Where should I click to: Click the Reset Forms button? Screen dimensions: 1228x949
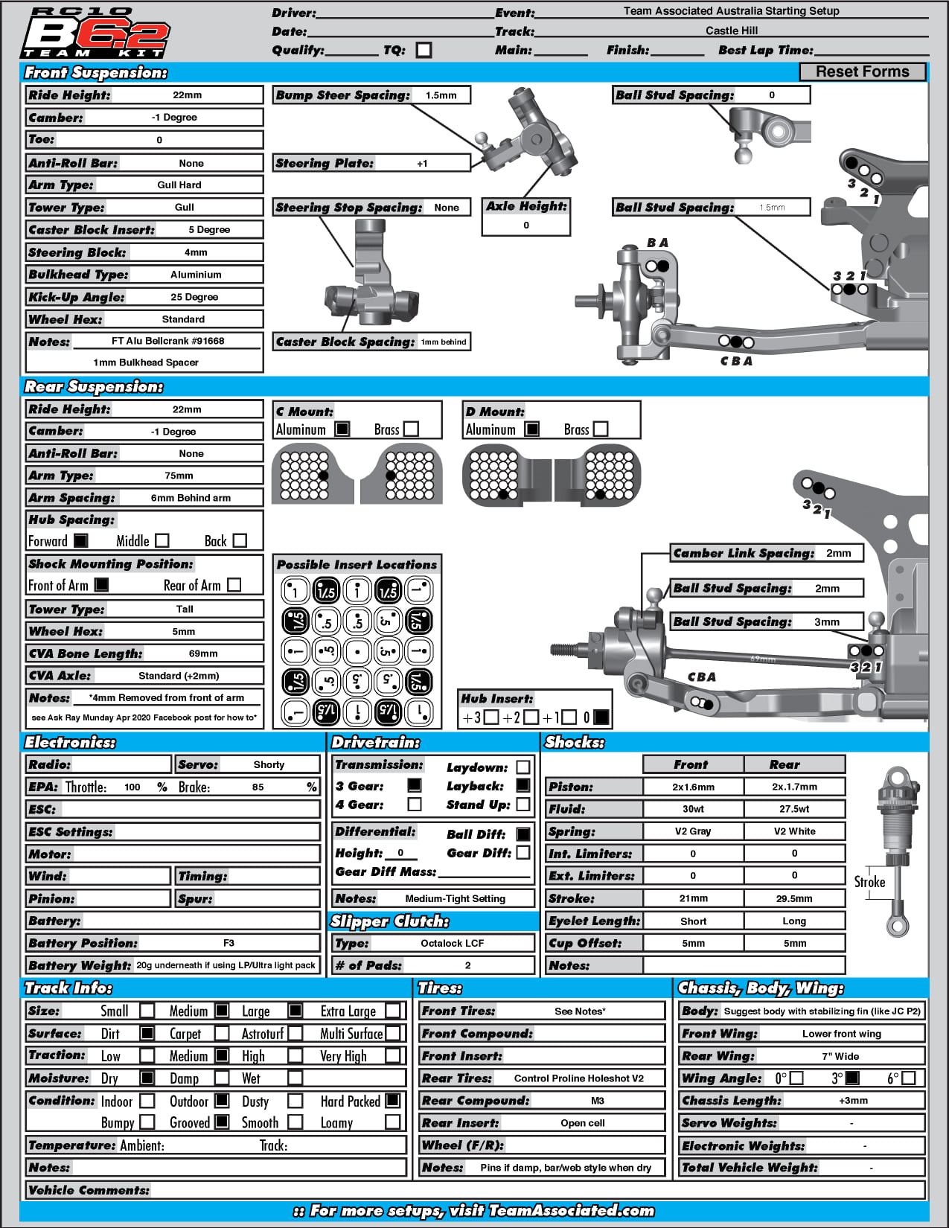pyautogui.click(x=862, y=71)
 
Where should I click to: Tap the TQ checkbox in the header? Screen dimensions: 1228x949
pyautogui.click(x=424, y=50)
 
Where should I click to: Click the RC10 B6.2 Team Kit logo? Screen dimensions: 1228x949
pyautogui.click(x=95, y=33)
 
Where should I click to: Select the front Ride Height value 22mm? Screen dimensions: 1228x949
pyautogui.click(x=187, y=95)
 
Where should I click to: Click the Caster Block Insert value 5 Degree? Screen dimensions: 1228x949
pyautogui.click(x=209, y=230)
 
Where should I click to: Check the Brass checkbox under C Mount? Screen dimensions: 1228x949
pyautogui.click(x=411, y=429)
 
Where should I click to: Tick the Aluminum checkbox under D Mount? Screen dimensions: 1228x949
pyautogui.click(x=531, y=429)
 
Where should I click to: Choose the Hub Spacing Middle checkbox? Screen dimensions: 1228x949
pyautogui.click(x=162, y=541)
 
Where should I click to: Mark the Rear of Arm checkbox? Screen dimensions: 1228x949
pyautogui.click(x=234, y=585)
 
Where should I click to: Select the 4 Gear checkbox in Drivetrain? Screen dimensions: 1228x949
pyautogui.click(x=415, y=805)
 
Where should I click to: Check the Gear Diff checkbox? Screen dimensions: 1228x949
pyautogui.click(x=523, y=853)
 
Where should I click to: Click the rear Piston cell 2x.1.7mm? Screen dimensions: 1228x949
pyautogui.click(x=794, y=787)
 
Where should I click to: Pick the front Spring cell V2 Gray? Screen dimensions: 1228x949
pyautogui.click(x=693, y=831)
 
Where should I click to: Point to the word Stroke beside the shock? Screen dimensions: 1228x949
pyautogui.click(x=869, y=882)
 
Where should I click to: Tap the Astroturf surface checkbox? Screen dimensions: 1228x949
pyautogui.click(x=295, y=1033)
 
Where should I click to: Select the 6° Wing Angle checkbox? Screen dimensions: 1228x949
pyautogui.click(x=909, y=1078)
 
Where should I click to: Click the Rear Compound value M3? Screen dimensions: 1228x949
pyautogui.click(x=597, y=1101)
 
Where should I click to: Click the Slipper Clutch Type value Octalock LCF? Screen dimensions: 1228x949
pyautogui.click(x=452, y=943)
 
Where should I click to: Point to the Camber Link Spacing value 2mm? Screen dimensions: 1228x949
pyautogui.click(x=838, y=553)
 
